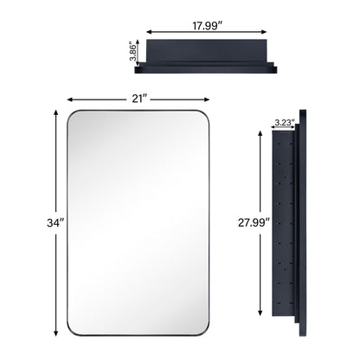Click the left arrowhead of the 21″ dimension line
click(x=67, y=98)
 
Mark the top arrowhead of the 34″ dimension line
click(x=57, y=110)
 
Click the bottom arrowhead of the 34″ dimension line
click(x=57, y=337)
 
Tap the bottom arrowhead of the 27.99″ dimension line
click(x=260, y=314)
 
